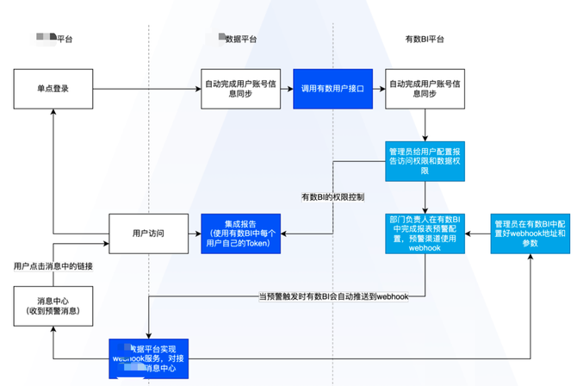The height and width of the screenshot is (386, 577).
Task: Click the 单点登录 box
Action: tap(53, 88)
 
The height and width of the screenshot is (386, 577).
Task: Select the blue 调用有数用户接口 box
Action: tap(332, 88)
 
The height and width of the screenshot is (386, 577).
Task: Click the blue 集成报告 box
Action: tap(240, 233)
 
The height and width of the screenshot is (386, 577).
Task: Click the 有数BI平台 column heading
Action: tap(425, 39)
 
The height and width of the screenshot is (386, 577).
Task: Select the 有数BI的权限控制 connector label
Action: tap(332, 197)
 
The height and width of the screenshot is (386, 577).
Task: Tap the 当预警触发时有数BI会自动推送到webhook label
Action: tap(333, 296)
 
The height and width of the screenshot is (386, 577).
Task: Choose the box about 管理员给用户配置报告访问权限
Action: tap(425, 160)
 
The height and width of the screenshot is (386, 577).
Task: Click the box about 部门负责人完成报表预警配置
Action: tap(425, 233)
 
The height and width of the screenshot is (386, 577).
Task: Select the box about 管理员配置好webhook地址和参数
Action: tap(530, 233)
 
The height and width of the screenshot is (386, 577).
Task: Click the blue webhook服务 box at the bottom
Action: tap(149, 359)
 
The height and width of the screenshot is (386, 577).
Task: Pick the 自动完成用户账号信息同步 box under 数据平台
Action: tap(240, 88)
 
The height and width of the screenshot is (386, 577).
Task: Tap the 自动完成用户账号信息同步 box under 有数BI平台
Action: tap(425, 88)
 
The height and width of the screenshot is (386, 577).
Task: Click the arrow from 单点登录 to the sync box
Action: tap(146, 88)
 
